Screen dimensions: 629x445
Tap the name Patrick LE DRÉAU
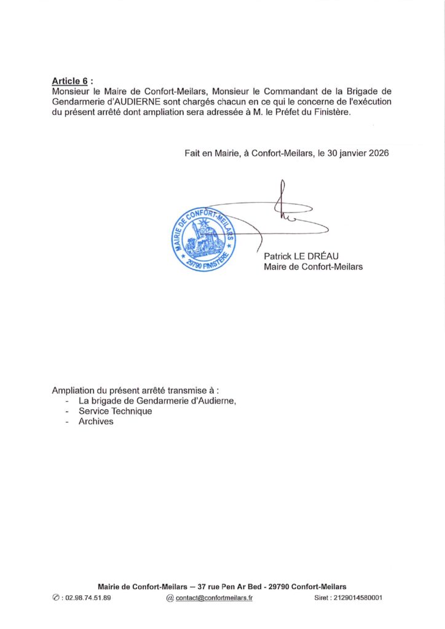click(x=304, y=256)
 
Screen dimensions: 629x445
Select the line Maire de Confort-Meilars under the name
click(x=313, y=267)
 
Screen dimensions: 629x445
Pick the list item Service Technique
click(x=115, y=412)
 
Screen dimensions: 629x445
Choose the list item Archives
click(x=96, y=422)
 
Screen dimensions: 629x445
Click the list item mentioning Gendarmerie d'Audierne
click(x=157, y=401)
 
